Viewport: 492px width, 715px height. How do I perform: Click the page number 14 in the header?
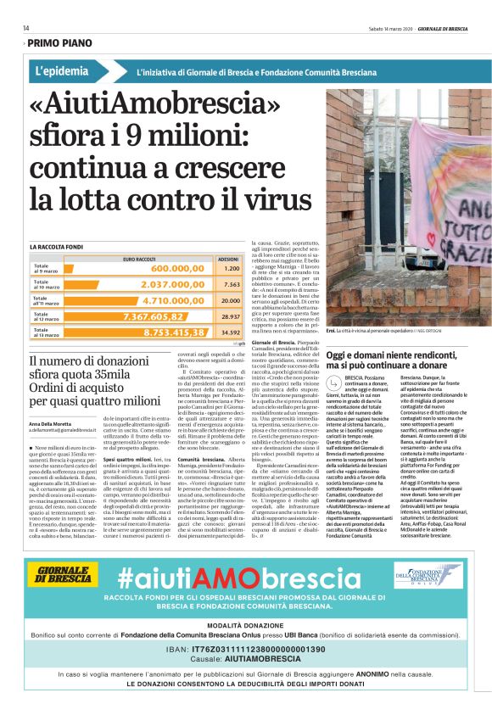(x=26, y=28)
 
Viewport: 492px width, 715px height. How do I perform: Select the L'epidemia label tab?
(x=63, y=72)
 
